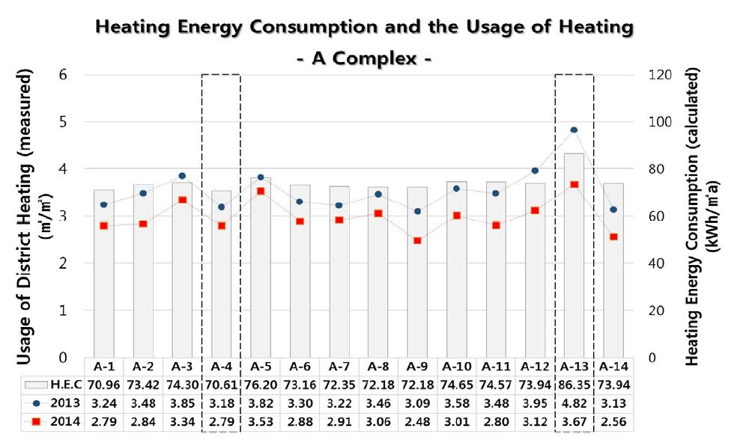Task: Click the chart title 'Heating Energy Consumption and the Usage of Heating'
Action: [x=365, y=28]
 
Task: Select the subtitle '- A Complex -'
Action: [x=365, y=58]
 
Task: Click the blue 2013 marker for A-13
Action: [x=574, y=130]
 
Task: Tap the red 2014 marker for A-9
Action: [x=417, y=240]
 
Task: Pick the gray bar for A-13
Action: [x=574, y=254]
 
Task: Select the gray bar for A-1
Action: [x=104, y=273]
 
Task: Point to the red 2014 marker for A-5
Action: [x=261, y=191]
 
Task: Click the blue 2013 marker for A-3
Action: [x=182, y=176]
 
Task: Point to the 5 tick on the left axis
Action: [x=61, y=121]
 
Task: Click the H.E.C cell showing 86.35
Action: [x=574, y=385]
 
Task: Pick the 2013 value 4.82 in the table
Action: [x=574, y=404]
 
